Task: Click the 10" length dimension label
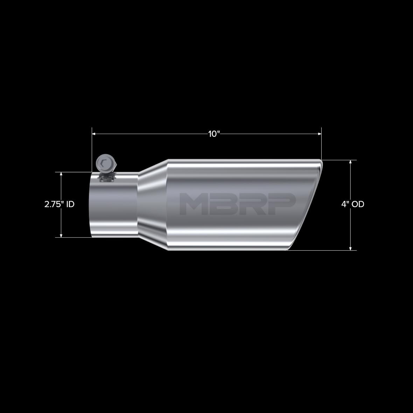[213, 134]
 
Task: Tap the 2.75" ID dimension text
[59, 204]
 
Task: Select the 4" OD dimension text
[352, 204]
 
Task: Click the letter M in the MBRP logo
[194, 204]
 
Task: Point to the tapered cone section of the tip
[152, 205]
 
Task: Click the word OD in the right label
[358, 204]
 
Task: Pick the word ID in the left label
[70, 204]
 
